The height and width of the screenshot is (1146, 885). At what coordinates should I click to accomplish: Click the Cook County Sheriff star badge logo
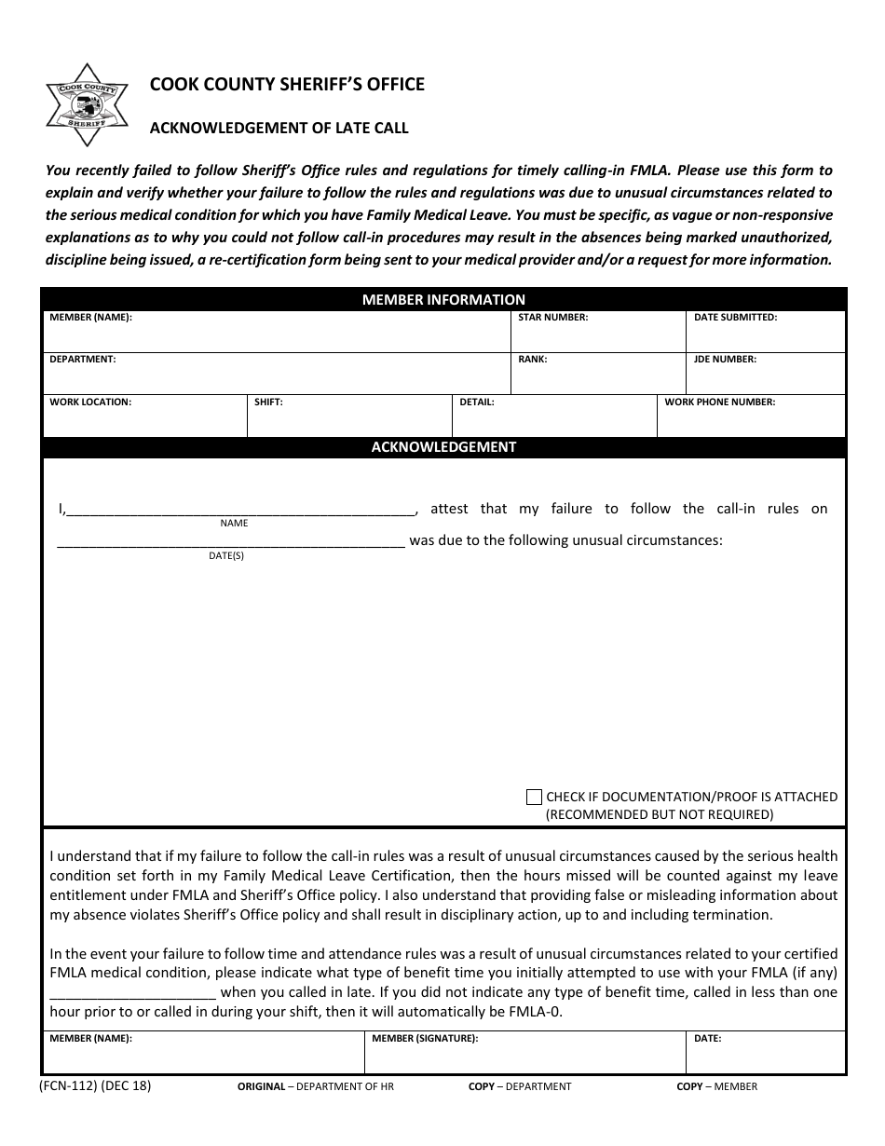88,105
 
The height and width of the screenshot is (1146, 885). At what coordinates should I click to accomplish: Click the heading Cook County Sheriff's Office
287,85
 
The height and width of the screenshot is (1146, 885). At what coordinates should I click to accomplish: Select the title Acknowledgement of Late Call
279,129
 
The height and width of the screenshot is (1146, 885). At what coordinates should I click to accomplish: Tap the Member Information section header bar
443,299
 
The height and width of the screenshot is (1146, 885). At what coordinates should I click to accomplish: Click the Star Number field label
552,318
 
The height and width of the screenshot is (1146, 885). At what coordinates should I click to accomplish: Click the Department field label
82,359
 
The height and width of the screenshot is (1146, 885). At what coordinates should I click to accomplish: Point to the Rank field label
532,359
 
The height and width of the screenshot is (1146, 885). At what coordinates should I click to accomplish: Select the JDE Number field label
725,359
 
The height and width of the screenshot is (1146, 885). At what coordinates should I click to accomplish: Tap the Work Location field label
90,402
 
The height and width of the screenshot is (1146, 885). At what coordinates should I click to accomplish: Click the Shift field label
268,402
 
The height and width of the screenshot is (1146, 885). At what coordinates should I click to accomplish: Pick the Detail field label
476,402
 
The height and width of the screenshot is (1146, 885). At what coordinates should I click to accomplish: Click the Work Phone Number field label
719,402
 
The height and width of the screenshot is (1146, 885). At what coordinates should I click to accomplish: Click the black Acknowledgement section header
443,447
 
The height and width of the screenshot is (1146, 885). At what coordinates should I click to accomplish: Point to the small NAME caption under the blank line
234,524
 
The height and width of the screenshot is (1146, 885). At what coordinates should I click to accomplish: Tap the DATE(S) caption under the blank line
226,556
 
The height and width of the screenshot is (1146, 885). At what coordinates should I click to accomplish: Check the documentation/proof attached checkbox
534,797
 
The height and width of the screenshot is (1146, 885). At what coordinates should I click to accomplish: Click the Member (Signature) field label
424,1038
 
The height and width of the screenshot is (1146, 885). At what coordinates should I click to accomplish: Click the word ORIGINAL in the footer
261,1086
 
